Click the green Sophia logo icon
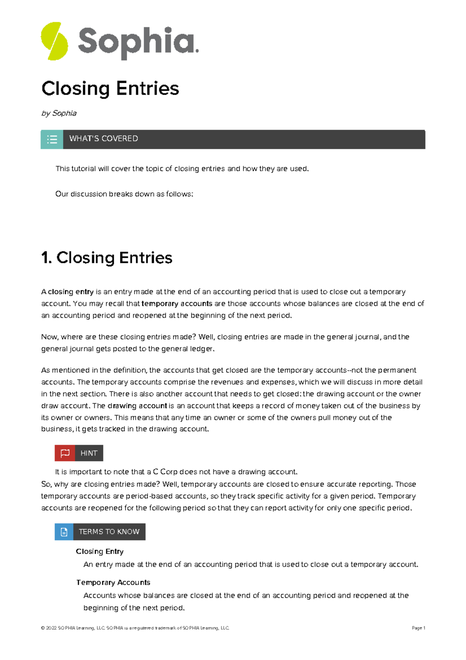54,41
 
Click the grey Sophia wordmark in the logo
138,42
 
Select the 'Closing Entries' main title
110,88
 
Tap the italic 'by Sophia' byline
59,113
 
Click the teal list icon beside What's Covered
52,139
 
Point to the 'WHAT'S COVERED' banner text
104,139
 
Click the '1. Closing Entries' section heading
107,258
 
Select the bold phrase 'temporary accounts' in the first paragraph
177,304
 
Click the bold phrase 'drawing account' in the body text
137,406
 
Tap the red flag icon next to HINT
65,453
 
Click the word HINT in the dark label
89,453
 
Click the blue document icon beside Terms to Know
64,532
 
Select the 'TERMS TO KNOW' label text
109,532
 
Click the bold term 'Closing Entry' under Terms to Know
100,552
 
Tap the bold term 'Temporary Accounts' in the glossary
113,583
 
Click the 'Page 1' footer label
418,628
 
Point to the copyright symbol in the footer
42,628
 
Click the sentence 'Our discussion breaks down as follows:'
124,194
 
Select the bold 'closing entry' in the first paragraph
71,292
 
